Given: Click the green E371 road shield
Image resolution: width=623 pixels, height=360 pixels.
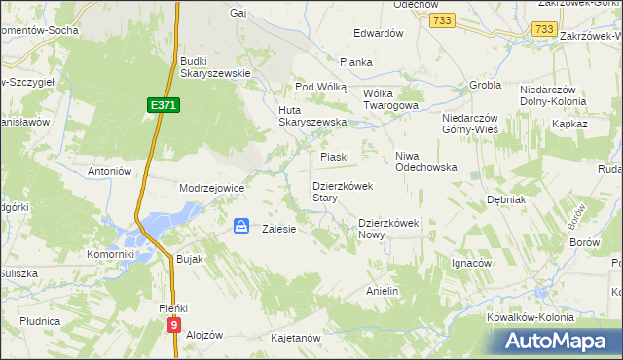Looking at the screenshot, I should tap(163, 104).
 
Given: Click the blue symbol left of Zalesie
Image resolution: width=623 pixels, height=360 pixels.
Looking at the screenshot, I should tap(240, 226).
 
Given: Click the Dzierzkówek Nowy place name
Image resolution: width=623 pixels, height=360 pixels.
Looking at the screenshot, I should tap(387, 228).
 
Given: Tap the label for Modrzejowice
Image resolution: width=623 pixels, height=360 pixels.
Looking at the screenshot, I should tap(211, 188).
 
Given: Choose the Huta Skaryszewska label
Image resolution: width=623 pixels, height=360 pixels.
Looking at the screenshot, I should tap(312, 115).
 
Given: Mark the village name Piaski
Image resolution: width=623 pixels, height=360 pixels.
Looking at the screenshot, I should tap(335, 156).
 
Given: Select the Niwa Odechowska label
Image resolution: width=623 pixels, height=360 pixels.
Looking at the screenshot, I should tap(426, 162).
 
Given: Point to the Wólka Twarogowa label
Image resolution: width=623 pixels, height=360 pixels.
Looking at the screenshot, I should tap(390, 99).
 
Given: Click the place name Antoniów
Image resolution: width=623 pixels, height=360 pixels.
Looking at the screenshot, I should tap(109, 171).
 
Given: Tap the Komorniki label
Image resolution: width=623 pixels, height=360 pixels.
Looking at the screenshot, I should tap(109, 254).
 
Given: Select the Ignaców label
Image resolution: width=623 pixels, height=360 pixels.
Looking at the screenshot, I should tap(472, 263).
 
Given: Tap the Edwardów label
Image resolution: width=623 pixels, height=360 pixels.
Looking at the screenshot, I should tap(379, 33).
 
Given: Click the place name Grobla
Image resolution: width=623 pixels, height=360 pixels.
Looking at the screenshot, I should tap(484, 85).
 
